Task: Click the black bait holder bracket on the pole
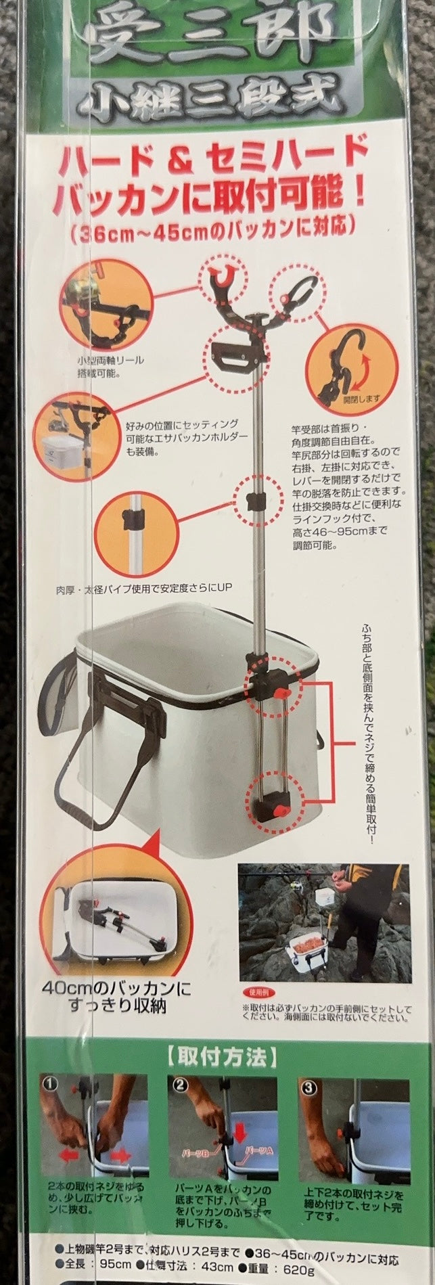[233, 351]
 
